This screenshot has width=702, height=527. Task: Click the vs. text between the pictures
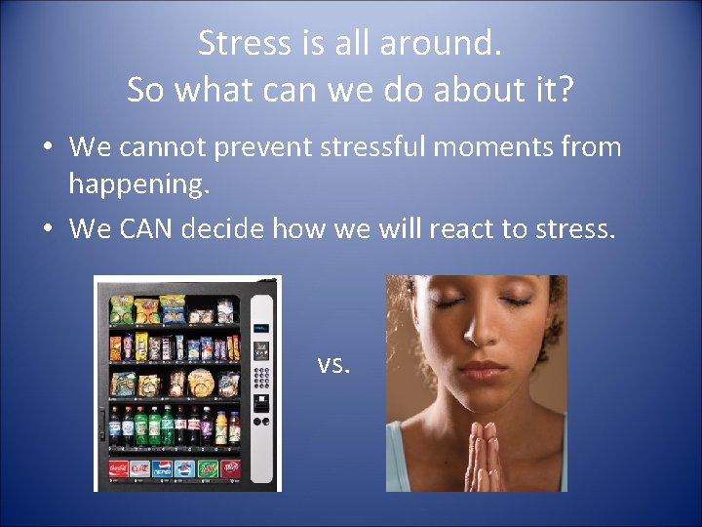[333, 364]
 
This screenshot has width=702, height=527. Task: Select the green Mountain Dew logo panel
[207, 469]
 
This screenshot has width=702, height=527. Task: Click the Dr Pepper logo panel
[230, 469]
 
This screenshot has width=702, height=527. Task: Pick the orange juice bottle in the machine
[220, 426]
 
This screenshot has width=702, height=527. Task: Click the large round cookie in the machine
[201, 383]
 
